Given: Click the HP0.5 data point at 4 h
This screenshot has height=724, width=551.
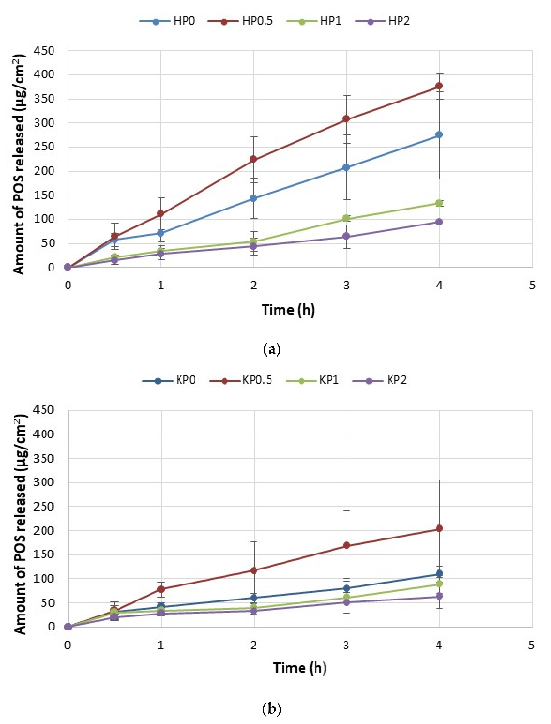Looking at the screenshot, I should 439,86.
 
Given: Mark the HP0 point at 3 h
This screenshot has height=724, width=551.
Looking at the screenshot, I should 346,167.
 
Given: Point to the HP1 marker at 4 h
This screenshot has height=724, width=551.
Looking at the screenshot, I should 439,203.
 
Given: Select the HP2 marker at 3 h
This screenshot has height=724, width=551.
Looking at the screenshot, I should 346,236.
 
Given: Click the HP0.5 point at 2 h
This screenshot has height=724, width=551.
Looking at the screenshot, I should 253,159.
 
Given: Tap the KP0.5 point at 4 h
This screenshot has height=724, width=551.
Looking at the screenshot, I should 439,528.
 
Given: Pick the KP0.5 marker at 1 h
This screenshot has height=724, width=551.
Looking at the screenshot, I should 160,589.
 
